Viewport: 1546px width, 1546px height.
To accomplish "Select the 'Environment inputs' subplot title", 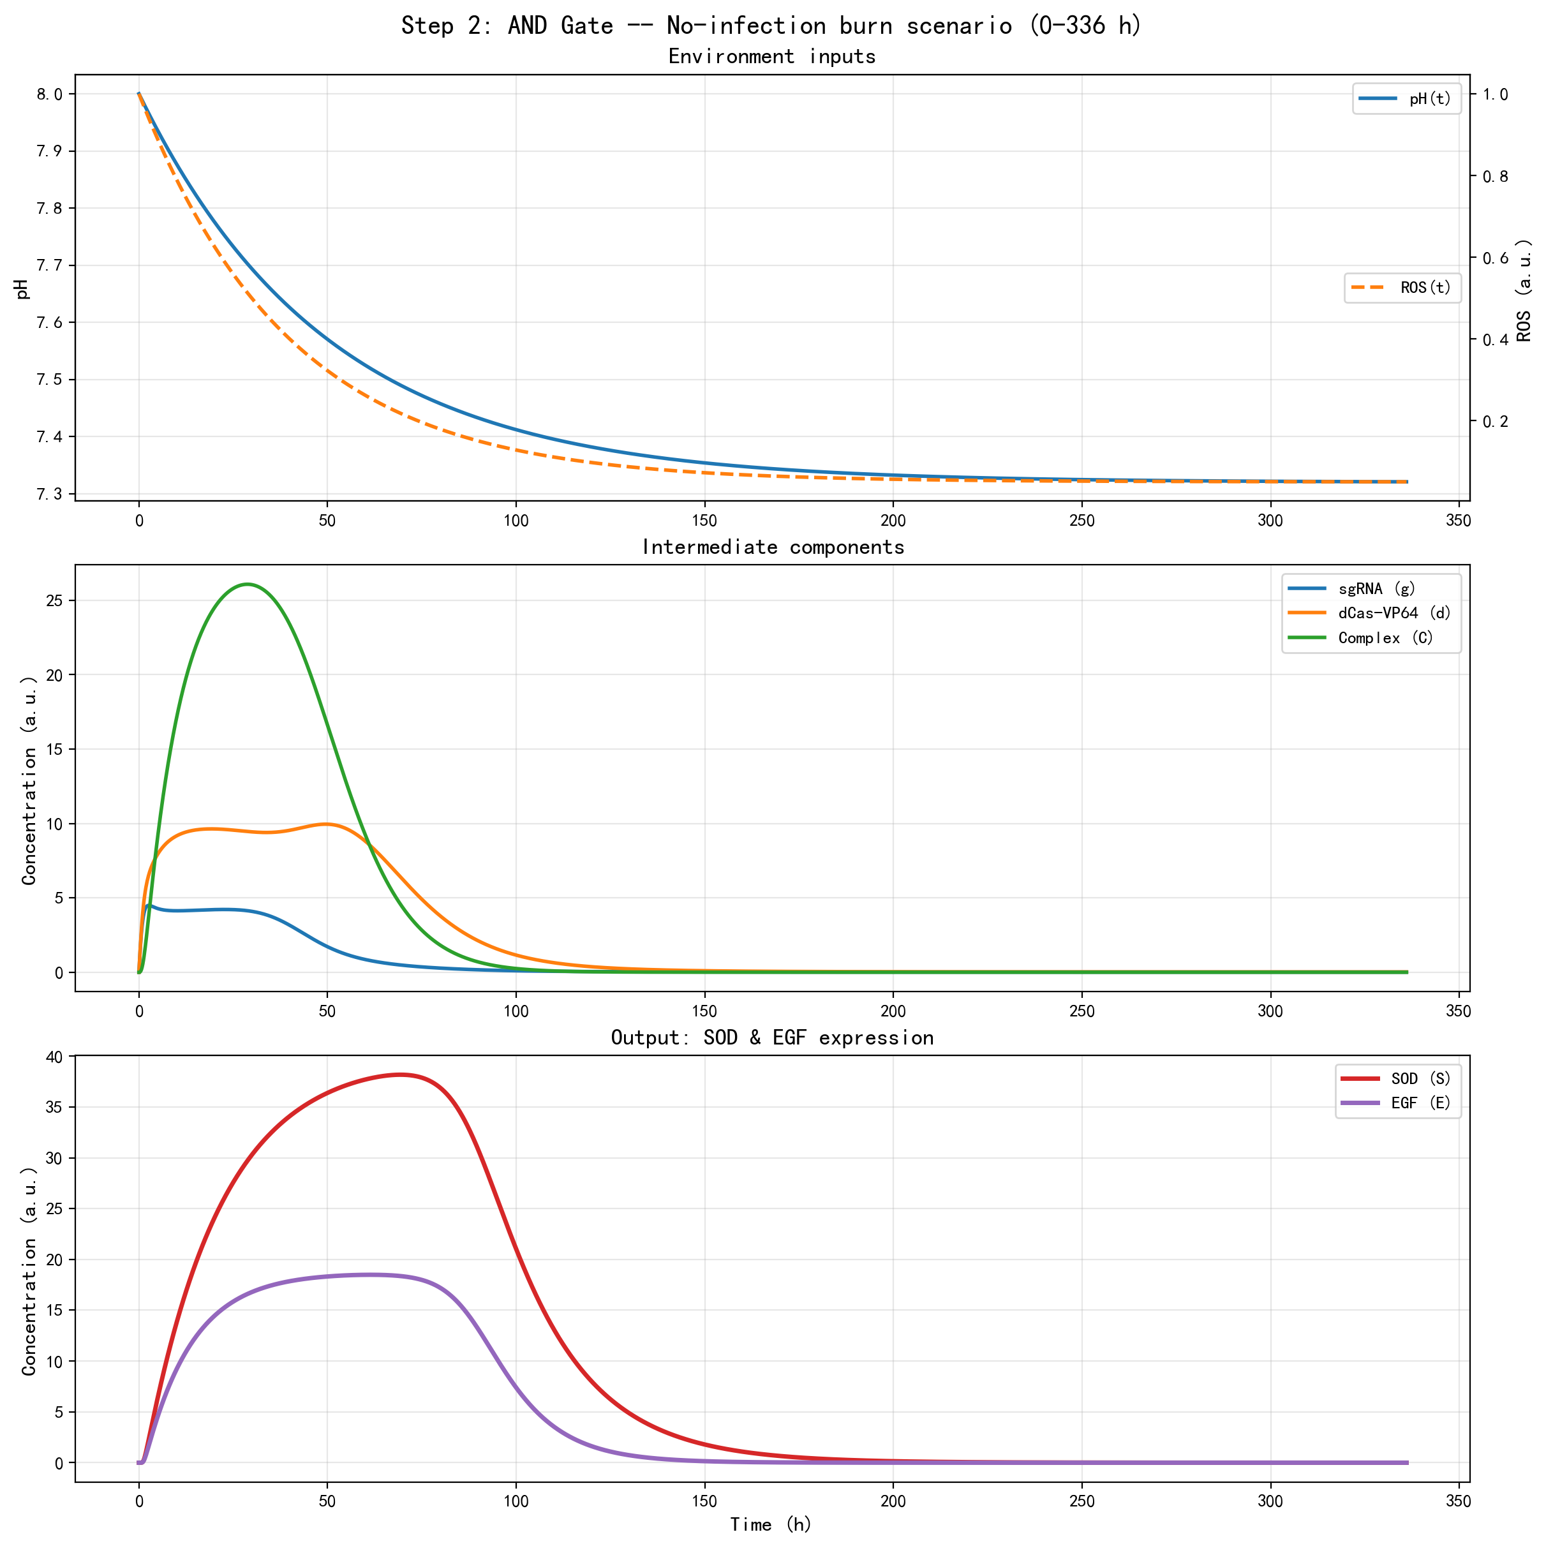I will pos(771,57).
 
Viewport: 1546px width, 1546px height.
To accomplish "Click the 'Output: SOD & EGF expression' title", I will pos(772,1038).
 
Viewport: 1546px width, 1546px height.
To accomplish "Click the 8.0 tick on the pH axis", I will pos(50,94).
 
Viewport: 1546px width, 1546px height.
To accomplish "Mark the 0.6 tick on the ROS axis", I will pos(1495,258).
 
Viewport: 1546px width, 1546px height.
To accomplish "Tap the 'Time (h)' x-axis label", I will pos(771,1524).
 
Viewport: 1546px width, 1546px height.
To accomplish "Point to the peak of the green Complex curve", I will pos(248,584).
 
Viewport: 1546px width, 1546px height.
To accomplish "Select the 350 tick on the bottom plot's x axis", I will pos(1458,1502).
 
